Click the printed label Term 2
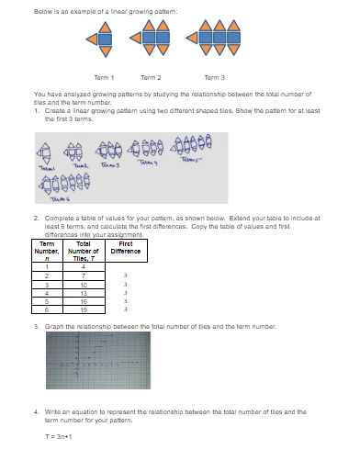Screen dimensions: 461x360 [151, 77]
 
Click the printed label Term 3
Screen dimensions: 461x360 [213, 77]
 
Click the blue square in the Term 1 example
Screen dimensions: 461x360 [103, 39]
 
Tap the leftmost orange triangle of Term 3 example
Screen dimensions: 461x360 [190, 39]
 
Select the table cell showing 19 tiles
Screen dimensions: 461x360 [83, 309]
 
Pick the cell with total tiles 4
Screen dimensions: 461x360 [83, 267]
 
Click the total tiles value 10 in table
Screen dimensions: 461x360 [83, 284]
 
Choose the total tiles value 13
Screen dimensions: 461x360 [83, 292]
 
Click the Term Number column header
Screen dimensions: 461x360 [46, 251]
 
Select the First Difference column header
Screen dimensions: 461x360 [124, 247]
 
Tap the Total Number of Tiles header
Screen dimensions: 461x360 [83, 251]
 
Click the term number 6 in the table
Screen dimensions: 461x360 [46, 309]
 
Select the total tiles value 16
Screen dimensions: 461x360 [83, 300]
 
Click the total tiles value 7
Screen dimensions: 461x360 [83, 275]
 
